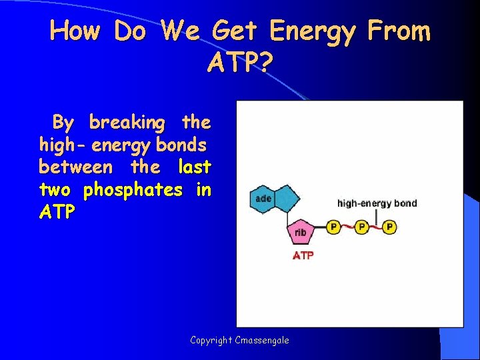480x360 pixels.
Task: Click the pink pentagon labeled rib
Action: click(x=301, y=233)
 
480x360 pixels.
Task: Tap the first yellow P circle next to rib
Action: click(x=333, y=228)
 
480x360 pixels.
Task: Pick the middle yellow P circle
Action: click(x=361, y=228)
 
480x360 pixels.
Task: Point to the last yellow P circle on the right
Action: click(x=389, y=228)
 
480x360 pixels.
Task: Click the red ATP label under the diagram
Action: click(x=303, y=255)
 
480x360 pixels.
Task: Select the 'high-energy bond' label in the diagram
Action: click(x=377, y=203)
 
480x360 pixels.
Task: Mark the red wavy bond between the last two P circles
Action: click(x=375, y=229)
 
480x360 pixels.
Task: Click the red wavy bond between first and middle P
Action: click(x=347, y=229)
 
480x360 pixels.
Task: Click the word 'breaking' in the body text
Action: click(x=127, y=123)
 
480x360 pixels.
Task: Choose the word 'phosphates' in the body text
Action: click(x=133, y=190)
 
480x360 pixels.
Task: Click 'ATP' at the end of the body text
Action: click(x=57, y=213)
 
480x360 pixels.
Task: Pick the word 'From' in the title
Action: click(x=398, y=31)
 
